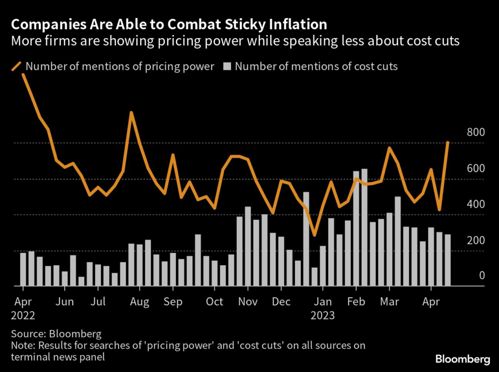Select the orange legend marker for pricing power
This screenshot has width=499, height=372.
(17, 66)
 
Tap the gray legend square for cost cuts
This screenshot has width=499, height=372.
(227, 66)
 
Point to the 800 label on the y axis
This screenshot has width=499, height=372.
(476, 132)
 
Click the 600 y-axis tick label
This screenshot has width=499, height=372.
(476, 169)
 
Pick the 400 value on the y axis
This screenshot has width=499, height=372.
(476, 204)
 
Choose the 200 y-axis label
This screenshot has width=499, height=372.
(476, 240)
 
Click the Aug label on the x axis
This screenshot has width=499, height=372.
(140, 302)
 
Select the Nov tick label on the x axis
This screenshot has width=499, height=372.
(248, 302)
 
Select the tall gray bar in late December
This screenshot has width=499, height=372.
(306, 239)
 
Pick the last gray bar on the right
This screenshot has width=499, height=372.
(447, 260)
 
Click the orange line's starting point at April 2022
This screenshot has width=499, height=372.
(23, 75)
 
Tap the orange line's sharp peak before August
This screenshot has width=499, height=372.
(131, 113)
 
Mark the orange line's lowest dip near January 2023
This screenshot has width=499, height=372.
(315, 235)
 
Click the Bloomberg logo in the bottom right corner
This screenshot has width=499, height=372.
(462, 360)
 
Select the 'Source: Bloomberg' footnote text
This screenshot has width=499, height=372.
(56, 334)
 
